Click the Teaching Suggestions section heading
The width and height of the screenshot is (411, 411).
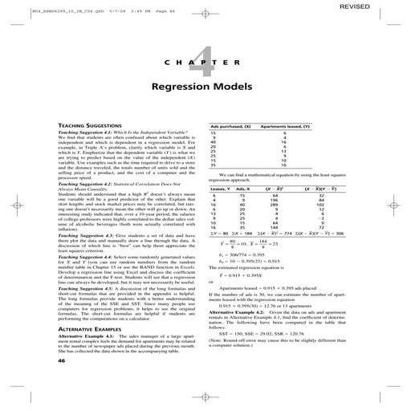[x=92, y=126]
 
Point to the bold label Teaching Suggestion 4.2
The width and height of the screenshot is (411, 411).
[x=90, y=184]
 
